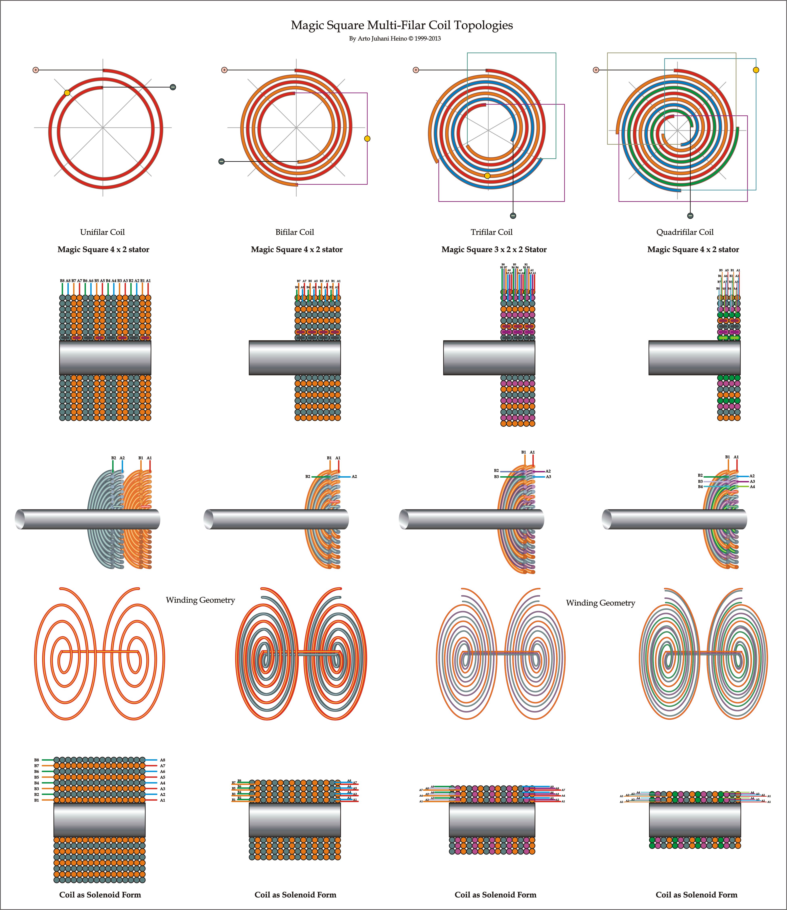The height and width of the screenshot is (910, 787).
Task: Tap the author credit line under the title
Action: (x=395, y=39)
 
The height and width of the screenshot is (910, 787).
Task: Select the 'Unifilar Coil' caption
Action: (x=102, y=232)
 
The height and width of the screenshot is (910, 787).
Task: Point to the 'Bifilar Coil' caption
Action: (x=295, y=232)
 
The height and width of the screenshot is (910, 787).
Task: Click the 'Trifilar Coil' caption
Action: (x=491, y=232)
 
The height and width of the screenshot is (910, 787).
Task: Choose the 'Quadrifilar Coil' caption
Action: (x=685, y=232)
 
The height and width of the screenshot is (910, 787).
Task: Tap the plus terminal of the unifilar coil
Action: (x=36, y=70)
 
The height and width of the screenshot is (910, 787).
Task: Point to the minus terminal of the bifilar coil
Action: (x=221, y=162)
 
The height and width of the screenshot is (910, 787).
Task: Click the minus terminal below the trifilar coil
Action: (x=513, y=216)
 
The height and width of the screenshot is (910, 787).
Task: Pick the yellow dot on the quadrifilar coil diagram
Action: (x=756, y=70)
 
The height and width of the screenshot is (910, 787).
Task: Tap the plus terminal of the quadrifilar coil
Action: (x=596, y=70)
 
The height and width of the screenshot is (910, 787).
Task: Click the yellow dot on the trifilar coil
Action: (x=487, y=176)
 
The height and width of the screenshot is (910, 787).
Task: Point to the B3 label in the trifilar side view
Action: (x=496, y=477)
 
